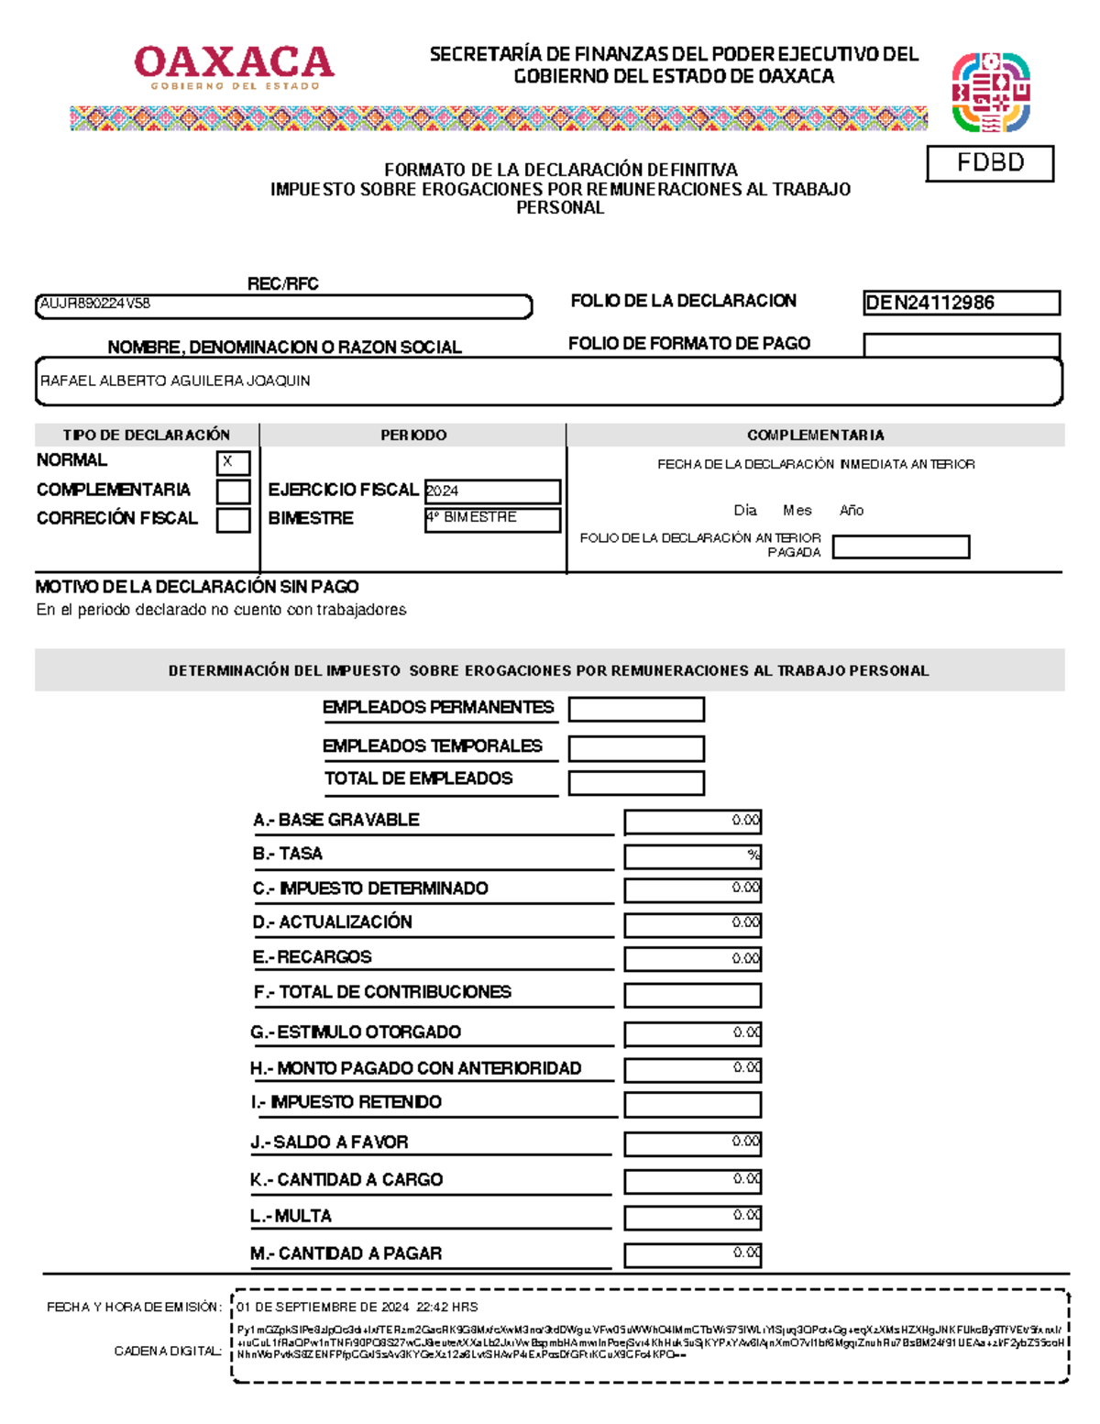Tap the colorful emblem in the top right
click(x=990, y=93)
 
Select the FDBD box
click(x=990, y=163)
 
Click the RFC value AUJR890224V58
click(x=95, y=304)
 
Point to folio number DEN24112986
click(x=930, y=303)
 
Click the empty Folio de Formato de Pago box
click(x=961, y=345)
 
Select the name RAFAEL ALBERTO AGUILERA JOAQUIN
click(x=175, y=381)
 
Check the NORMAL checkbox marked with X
click(x=233, y=462)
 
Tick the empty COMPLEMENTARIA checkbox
click(x=233, y=491)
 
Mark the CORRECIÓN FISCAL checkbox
click(x=233, y=520)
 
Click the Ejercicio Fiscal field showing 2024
click(x=492, y=491)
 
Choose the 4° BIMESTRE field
click(x=492, y=519)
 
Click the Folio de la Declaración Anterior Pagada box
click(x=900, y=547)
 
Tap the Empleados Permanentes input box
click(x=636, y=709)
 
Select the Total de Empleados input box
click(x=636, y=782)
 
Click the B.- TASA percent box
click(x=692, y=856)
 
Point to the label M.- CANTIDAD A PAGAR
click(x=346, y=1253)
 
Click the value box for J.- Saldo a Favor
click(x=692, y=1143)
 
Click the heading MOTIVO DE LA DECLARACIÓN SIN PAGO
click(x=197, y=587)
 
